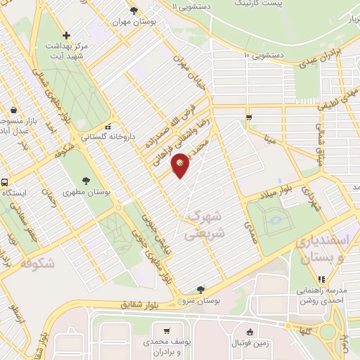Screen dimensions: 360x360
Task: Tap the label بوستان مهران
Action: (x=134, y=22)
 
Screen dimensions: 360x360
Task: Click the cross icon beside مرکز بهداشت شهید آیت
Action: (x=66, y=35)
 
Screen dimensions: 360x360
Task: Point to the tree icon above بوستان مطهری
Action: (x=86, y=181)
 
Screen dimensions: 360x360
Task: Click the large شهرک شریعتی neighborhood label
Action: (x=204, y=223)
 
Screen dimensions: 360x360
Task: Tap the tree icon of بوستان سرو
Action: (x=202, y=288)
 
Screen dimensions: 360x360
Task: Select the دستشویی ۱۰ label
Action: (x=262, y=54)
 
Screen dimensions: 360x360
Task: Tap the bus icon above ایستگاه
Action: (x=4, y=181)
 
